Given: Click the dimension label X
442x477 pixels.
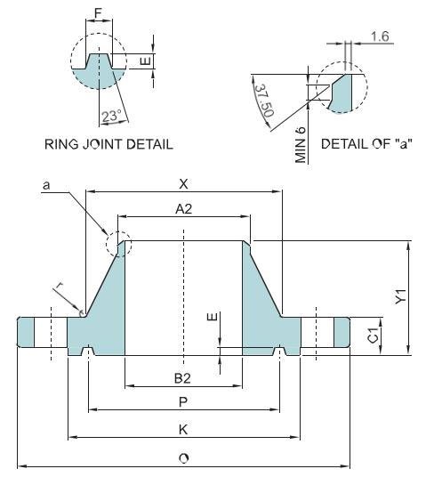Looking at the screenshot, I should click(183, 183).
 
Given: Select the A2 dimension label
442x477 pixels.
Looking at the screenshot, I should click(183, 208).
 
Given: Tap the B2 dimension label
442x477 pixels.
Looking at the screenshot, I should click(183, 377).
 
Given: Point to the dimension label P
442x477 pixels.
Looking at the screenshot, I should click(183, 401).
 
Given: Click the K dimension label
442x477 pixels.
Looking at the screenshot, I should click(183, 428).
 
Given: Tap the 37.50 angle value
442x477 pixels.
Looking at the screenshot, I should click(262, 100).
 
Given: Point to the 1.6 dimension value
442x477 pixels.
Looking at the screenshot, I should click(380, 36).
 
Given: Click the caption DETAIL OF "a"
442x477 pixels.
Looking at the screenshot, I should click(367, 143).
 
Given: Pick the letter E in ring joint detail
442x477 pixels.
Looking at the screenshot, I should click(148, 61).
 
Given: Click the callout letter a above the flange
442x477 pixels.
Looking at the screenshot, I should click(44, 184).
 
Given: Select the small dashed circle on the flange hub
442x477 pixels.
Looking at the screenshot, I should click(117, 243).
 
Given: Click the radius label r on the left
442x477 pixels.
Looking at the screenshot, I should click(61, 285).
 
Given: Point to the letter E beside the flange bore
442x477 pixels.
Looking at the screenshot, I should click(210, 318).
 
